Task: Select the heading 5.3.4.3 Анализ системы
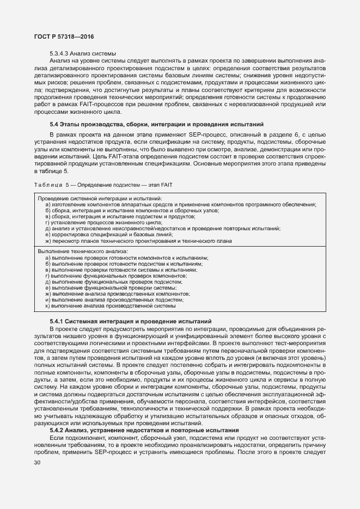click(83, 53)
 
